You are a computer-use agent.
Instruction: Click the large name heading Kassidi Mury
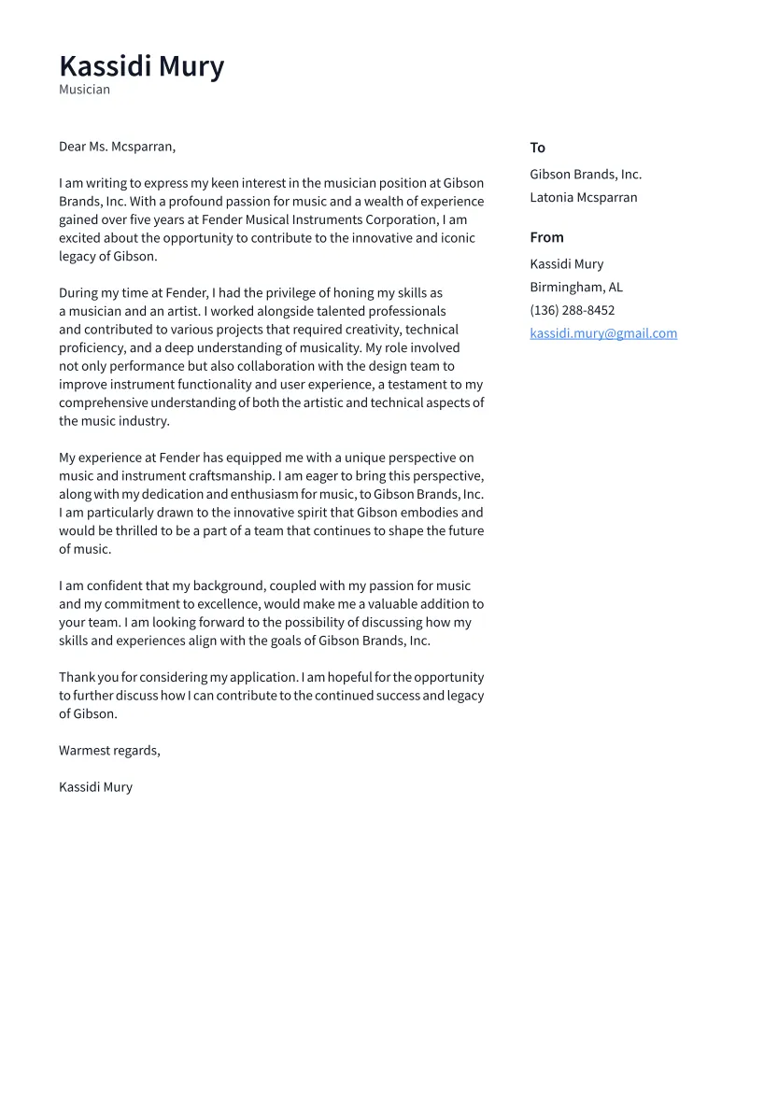click(141, 66)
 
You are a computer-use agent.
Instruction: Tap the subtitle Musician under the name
click(84, 90)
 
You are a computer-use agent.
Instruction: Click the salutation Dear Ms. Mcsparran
click(117, 147)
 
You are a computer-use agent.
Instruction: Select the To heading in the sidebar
click(537, 148)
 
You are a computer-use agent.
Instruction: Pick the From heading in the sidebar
click(546, 237)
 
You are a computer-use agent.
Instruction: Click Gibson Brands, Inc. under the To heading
click(586, 175)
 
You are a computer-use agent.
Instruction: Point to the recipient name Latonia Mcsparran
click(584, 198)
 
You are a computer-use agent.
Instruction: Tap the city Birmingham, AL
click(576, 288)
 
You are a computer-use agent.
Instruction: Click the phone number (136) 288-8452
click(573, 310)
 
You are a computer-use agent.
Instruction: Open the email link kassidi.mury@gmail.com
click(603, 333)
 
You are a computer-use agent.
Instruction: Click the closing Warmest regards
click(109, 751)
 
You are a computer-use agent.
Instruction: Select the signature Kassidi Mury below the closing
click(95, 787)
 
